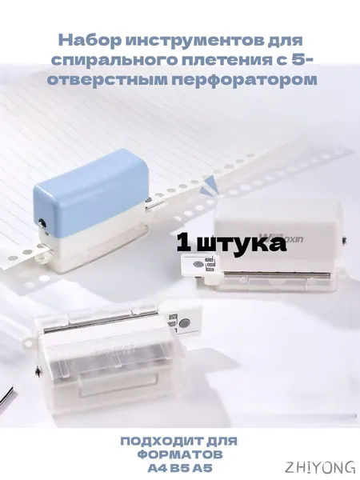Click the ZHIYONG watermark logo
[x=320, y=467]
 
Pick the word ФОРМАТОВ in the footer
[x=180, y=454]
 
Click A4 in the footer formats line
[x=158, y=468]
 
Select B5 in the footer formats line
[x=180, y=468]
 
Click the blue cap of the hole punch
[x=92, y=186]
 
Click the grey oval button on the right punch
[x=198, y=264]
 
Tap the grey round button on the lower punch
[x=184, y=323]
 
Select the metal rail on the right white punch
[x=277, y=274]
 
